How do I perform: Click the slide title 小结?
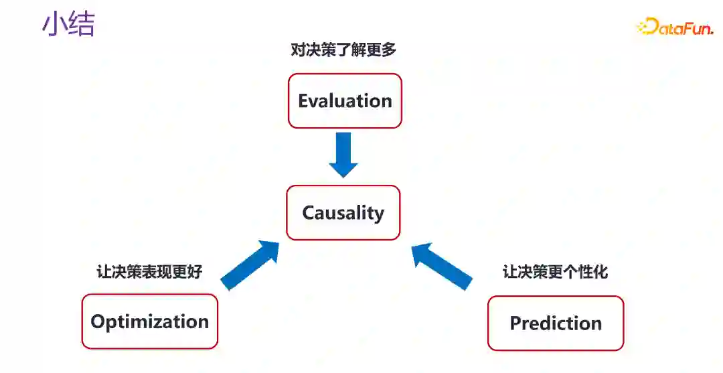pyautogui.click(x=68, y=24)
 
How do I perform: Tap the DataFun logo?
pyautogui.click(x=675, y=27)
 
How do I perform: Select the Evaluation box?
pyautogui.click(x=345, y=100)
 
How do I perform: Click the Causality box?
pyautogui.click(x=343, y=213)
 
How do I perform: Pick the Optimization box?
pyautogui.click(x=150, y=321)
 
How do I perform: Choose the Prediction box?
pyautogui.click(x=556, y=323)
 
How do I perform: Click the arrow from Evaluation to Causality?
pyautogui.click(x=343, y=155)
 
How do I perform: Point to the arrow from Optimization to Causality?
pyautogui.click(x=250, y=265)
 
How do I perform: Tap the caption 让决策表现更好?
pyautogui.click(x=149, y=272)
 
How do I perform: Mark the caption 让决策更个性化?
pyautogui.click(x=555, y=272)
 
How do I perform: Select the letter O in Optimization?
pyautogui.click(x=98, y=322)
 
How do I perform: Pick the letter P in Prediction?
pyautogui.click(x=515, y=324)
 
